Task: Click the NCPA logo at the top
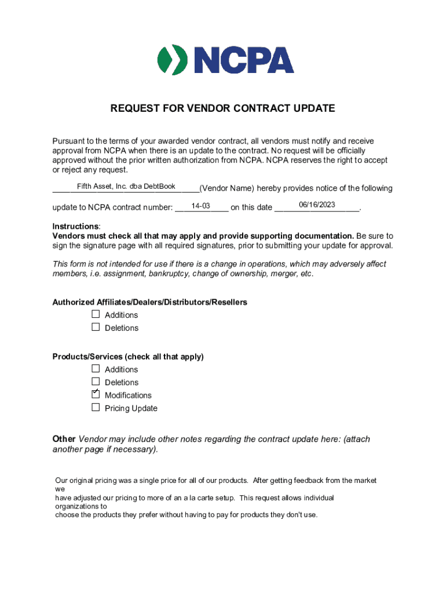[225, 60]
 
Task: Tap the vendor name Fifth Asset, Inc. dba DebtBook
[126, 186]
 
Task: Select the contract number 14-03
[200, 206]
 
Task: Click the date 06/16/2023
[317, 205]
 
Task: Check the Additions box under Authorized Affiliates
[96, 314]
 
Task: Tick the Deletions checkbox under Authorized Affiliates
[96, 327]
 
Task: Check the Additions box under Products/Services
[96, 369]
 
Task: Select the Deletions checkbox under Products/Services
[96, 382]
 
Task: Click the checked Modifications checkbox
[96, 394]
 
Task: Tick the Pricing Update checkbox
[96, 408]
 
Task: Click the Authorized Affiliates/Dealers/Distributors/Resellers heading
[149, 302]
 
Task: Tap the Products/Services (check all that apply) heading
[128, 357]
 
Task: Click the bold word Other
[64, 439]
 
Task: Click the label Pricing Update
[131, 408]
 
